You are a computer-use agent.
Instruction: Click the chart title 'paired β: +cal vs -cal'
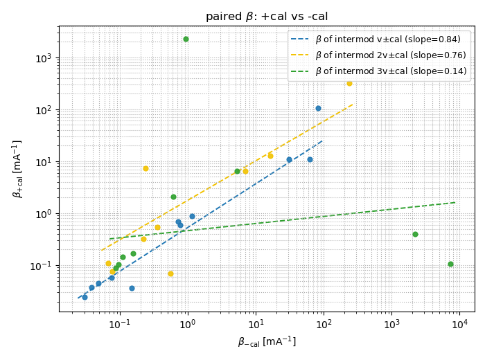[267, 17]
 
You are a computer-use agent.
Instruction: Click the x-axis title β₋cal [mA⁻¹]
[267, 341]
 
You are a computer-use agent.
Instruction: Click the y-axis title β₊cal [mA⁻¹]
[17, 168]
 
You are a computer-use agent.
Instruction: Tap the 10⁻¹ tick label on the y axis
[44, 266]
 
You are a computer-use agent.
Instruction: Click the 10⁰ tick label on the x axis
[187, 323]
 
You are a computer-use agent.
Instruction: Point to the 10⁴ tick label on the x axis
[459, 323]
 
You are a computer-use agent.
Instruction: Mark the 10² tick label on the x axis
[324, 323]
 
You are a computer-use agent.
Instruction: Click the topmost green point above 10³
[186, 39]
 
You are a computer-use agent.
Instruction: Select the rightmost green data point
[450, 264]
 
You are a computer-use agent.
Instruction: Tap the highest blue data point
[318, 108]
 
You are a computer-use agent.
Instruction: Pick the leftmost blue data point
[85, 297]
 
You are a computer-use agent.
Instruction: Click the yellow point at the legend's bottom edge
[349, 83]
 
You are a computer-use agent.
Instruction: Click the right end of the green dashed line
[456, 202]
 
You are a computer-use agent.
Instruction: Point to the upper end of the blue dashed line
[322, 141]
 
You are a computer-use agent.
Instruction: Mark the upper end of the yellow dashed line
[353, 105]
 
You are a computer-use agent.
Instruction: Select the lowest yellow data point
[170, 273]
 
